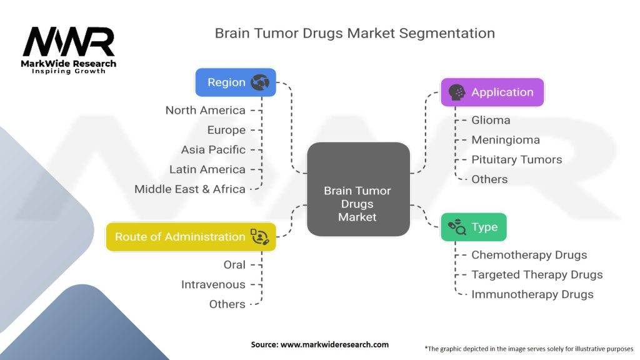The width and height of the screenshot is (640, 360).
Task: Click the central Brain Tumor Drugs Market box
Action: point(358,189)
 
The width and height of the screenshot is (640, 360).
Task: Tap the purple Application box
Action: point(492,92)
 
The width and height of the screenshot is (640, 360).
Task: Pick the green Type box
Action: point(473,227)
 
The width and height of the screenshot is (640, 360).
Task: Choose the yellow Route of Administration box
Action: point(191,237)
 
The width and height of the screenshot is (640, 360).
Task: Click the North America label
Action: point(205,111)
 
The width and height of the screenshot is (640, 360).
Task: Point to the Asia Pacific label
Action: point(213,150)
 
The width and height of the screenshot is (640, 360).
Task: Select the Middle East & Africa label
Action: point(190,189)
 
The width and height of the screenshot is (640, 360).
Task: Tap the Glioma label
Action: point(491,120)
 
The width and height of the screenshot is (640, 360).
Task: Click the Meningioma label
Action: point(505,140)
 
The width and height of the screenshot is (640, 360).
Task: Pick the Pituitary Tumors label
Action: point(516,160)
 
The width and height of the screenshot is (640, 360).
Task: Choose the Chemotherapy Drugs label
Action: point(529,255)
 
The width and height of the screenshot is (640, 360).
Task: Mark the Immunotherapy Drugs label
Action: point(532,294)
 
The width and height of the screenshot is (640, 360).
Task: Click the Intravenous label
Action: point(213,284)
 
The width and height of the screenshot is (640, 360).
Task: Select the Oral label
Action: point(234,265)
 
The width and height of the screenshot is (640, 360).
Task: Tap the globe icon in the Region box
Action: point(259,82)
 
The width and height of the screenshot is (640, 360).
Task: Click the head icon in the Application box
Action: point(457,92)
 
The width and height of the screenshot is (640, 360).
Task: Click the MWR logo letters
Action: point(69,42)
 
